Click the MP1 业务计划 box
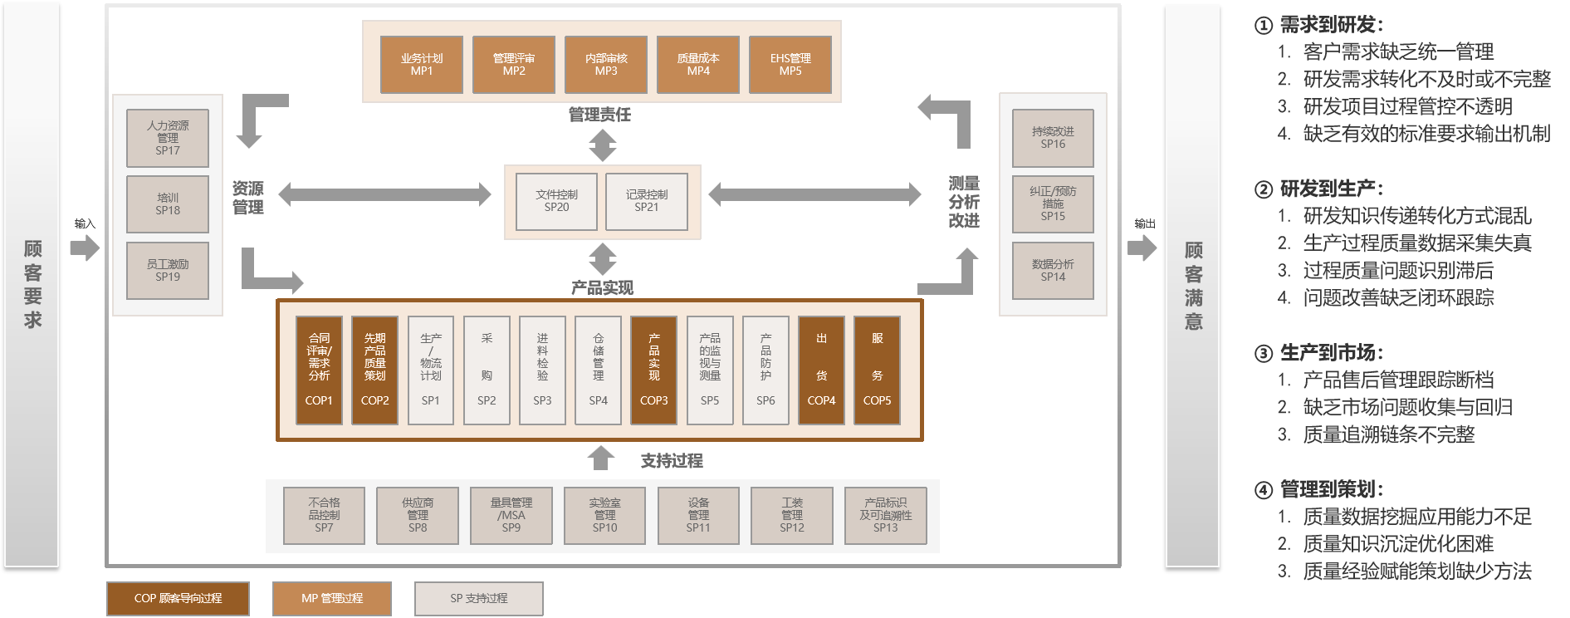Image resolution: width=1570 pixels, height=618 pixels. point(422,65)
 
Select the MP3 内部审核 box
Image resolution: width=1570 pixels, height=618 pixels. point(606,65)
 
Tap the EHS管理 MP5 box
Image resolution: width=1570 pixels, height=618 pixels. point(790,65)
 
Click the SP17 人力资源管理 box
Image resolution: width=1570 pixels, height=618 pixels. point(168,138)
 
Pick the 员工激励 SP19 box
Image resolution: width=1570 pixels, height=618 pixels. point(168,271)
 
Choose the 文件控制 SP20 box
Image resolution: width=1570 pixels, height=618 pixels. point(556,201)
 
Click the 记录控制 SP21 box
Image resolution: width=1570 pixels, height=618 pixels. point(647,201)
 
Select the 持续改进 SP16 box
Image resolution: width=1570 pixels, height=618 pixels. point(1053,138)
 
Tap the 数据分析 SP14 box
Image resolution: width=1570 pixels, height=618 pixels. point(1053,271)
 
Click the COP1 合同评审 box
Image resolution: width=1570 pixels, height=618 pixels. point(320,370)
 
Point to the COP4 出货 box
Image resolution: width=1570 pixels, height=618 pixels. point(821,370)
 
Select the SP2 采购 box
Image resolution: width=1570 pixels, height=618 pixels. point(487,370)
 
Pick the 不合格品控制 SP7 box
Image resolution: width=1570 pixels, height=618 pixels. point(324,516)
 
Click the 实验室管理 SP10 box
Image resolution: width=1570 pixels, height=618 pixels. point(604,516)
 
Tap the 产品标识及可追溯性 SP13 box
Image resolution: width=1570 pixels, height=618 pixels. point(885,516)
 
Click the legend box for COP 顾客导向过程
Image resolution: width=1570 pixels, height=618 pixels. point(178,598)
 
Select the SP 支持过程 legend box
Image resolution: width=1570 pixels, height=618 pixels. point(479,598)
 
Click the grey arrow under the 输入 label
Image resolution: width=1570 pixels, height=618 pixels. point(85,248)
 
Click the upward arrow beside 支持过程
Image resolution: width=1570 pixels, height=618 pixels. point(601,459)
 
